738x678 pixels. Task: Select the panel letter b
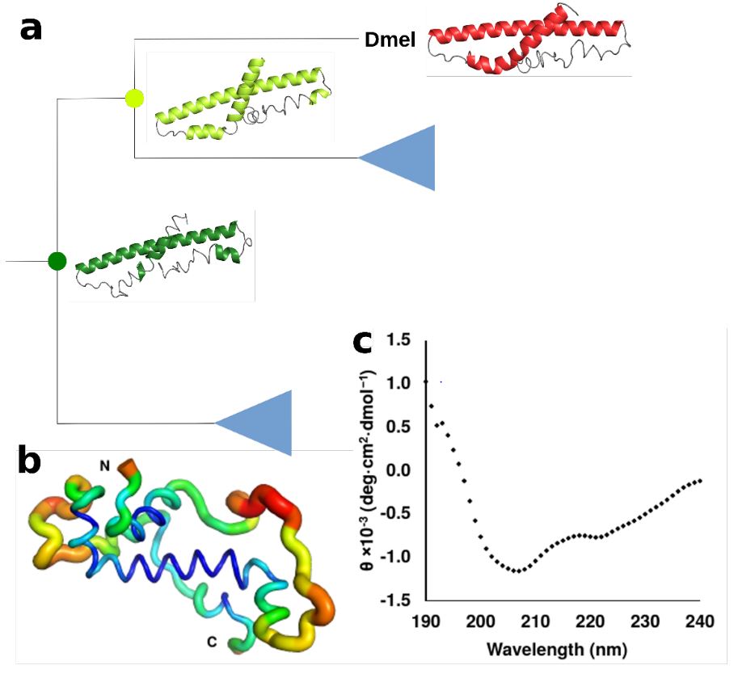pyautogui.click(x=30, y=462)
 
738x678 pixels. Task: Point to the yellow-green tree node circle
pyautogui.click(x=135, y=99)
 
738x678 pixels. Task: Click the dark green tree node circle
pyautogui.click(x=57, y=261)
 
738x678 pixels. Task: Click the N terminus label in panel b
pyautogui.click(x=104, y=465)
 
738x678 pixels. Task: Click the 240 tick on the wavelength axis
pyautogui.click(x=699, y=623)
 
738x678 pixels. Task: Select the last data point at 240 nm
pyautogui.click(x=700, y=481)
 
